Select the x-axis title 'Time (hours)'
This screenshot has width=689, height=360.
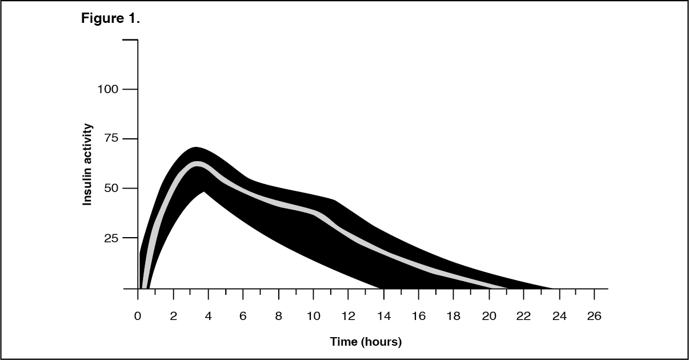pyautogui.click(x=366, y=342)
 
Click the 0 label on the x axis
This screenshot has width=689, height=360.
pyautogui.click(x=138, y=317)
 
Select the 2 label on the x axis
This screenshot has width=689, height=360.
pyautogui.click(x=173, y=317)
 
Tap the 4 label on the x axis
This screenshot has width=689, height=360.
pyautogui.click(x=208, y=317)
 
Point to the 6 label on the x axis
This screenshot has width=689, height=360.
pyautogui.click(x=243, y=317)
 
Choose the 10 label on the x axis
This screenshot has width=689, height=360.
pyautogui.click(x=313, y=317)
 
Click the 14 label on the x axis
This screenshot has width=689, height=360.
pyautogui.click(x=383, y=317)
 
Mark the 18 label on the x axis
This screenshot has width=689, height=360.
pyautogui.click(x=454, y=317)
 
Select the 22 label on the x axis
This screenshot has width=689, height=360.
pyautogui.click(x=524, y=317)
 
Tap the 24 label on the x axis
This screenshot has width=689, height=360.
pyautogui.click(x=559, y=317)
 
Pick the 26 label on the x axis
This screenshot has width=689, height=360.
pyautogui.click(x=594, y=317)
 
